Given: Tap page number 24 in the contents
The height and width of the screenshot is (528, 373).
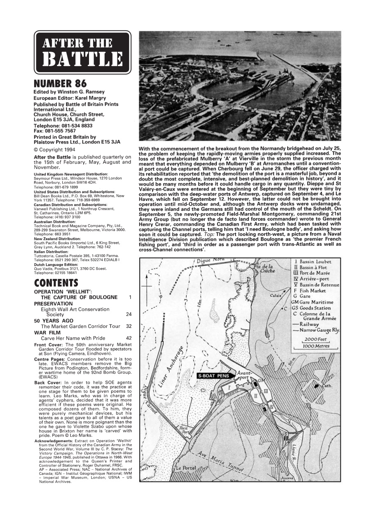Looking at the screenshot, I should [129, 314].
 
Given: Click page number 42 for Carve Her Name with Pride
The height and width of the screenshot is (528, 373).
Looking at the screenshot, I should [129, 338].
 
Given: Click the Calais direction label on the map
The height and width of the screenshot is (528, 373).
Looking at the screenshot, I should [276, 296].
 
